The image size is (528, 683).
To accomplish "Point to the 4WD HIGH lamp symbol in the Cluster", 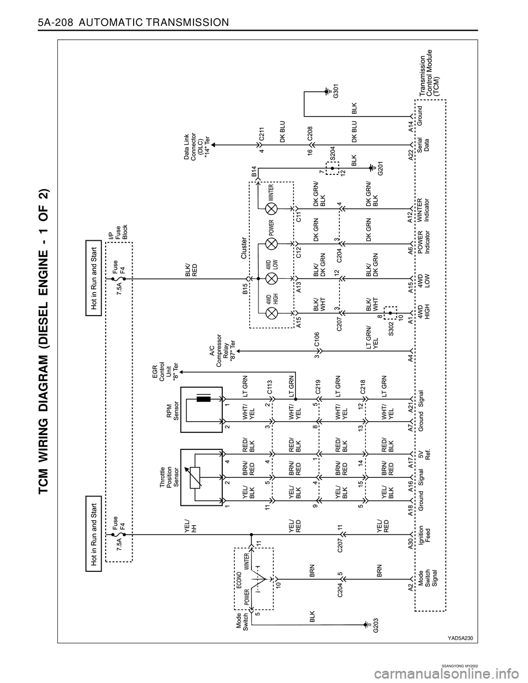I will pos(271,313).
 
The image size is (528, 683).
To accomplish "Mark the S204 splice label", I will pos(333,156).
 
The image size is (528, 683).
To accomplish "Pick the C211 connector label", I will pos(262,134).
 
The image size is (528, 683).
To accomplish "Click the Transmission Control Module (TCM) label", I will pos(433,73).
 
